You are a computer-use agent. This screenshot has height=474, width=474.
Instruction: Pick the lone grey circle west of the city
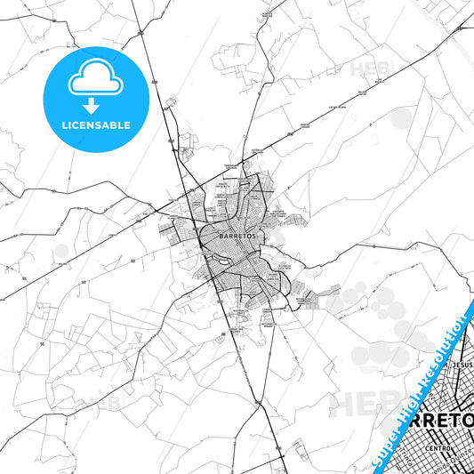60,252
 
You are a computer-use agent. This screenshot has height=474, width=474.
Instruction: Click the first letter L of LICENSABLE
63,125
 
